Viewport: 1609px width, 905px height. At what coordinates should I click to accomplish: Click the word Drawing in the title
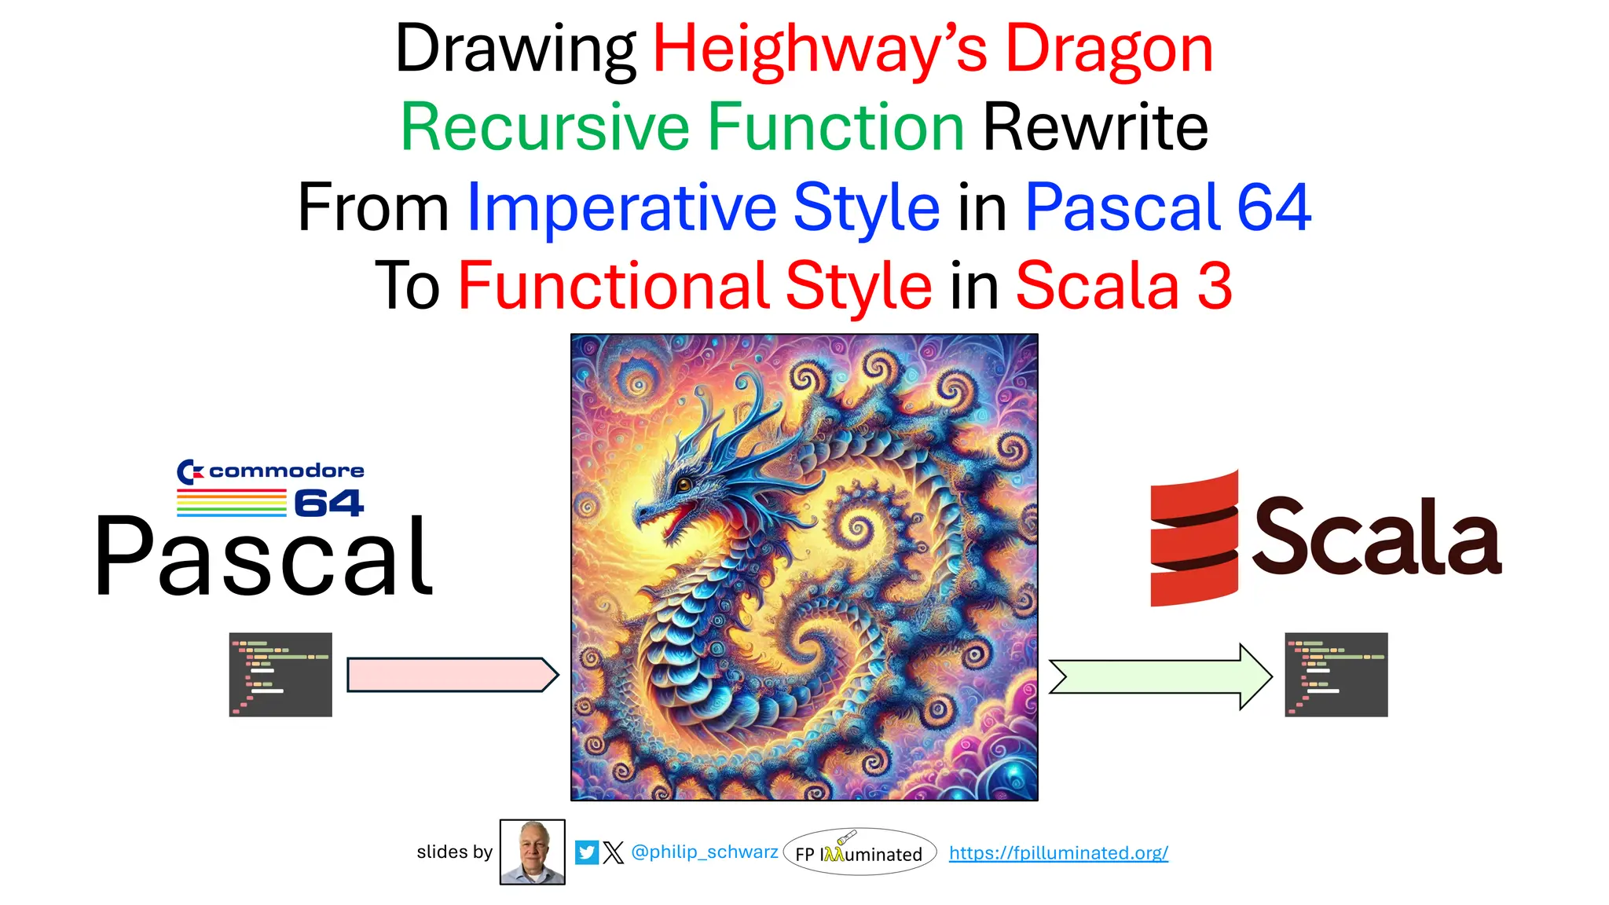click(515, 49)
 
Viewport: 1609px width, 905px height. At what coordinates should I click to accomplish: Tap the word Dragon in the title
click(1109, 49)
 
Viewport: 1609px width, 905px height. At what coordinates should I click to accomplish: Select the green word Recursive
click(544, 128)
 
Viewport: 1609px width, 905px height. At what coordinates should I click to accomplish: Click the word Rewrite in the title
click(1095, 128)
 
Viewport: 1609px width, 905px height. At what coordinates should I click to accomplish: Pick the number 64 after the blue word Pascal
click(1274, 207)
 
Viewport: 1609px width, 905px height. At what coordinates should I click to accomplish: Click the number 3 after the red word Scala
click(1215, 286)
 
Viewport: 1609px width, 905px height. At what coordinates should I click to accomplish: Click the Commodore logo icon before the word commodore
click(189, 471)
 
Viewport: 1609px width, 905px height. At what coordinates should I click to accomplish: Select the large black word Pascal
click(263, 558)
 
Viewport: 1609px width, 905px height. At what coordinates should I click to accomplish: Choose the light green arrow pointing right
click(1160, 676)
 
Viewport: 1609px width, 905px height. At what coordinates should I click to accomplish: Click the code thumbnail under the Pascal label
click(280, 675)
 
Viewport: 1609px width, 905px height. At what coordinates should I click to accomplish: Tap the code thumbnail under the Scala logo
click(1336, 675)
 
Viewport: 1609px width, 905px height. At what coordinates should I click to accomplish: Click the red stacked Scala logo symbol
click(1193, 539)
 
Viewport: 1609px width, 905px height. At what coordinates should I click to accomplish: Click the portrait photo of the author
click(532, 852)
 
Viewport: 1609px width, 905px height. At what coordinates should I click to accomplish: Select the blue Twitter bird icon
click(586, 852)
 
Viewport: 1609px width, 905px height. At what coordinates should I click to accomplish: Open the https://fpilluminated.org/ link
click(1057, 853)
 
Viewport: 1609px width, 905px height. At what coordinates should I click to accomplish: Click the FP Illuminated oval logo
click(859, 852)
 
